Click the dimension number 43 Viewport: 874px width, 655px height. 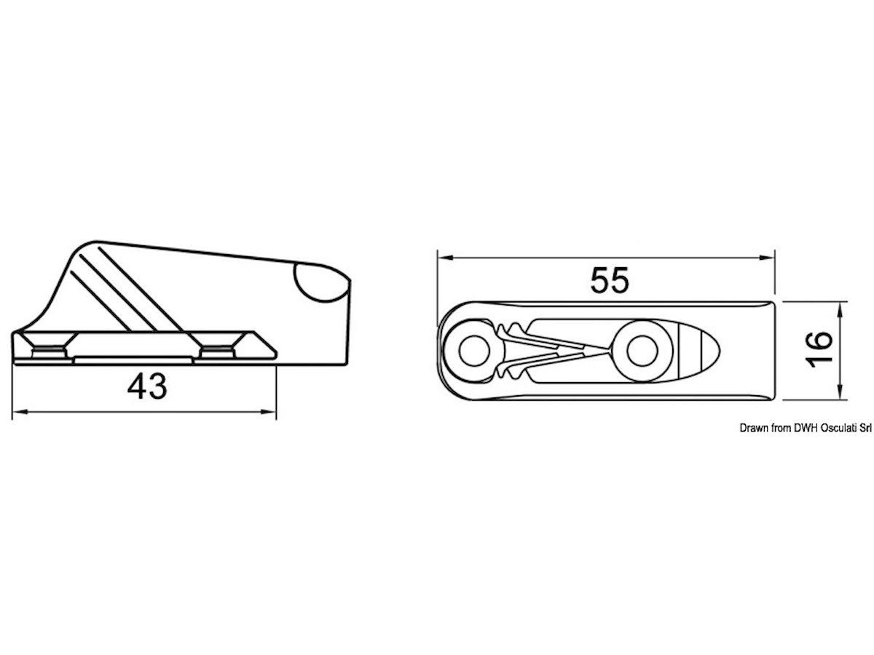click(x=147, y=386)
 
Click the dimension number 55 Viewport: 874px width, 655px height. click(x=609, y=280)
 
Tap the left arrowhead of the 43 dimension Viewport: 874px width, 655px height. click(x=20, y=412)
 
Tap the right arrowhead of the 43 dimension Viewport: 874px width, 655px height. click(x=268, y=412)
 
